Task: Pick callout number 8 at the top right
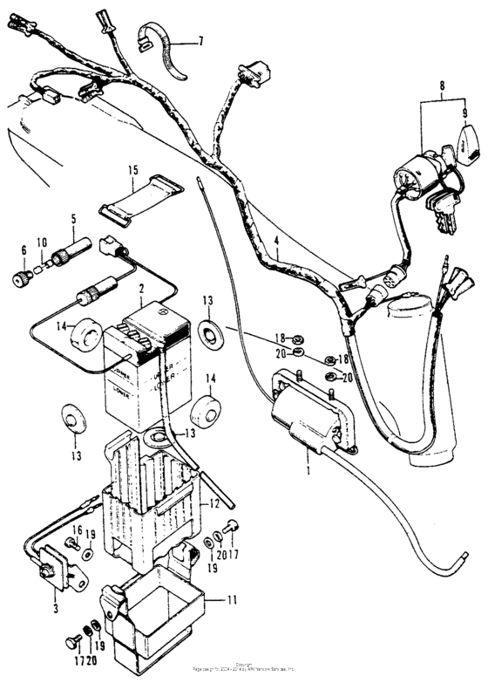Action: [x=443, y=87]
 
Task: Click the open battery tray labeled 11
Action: [x=157, y=615]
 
